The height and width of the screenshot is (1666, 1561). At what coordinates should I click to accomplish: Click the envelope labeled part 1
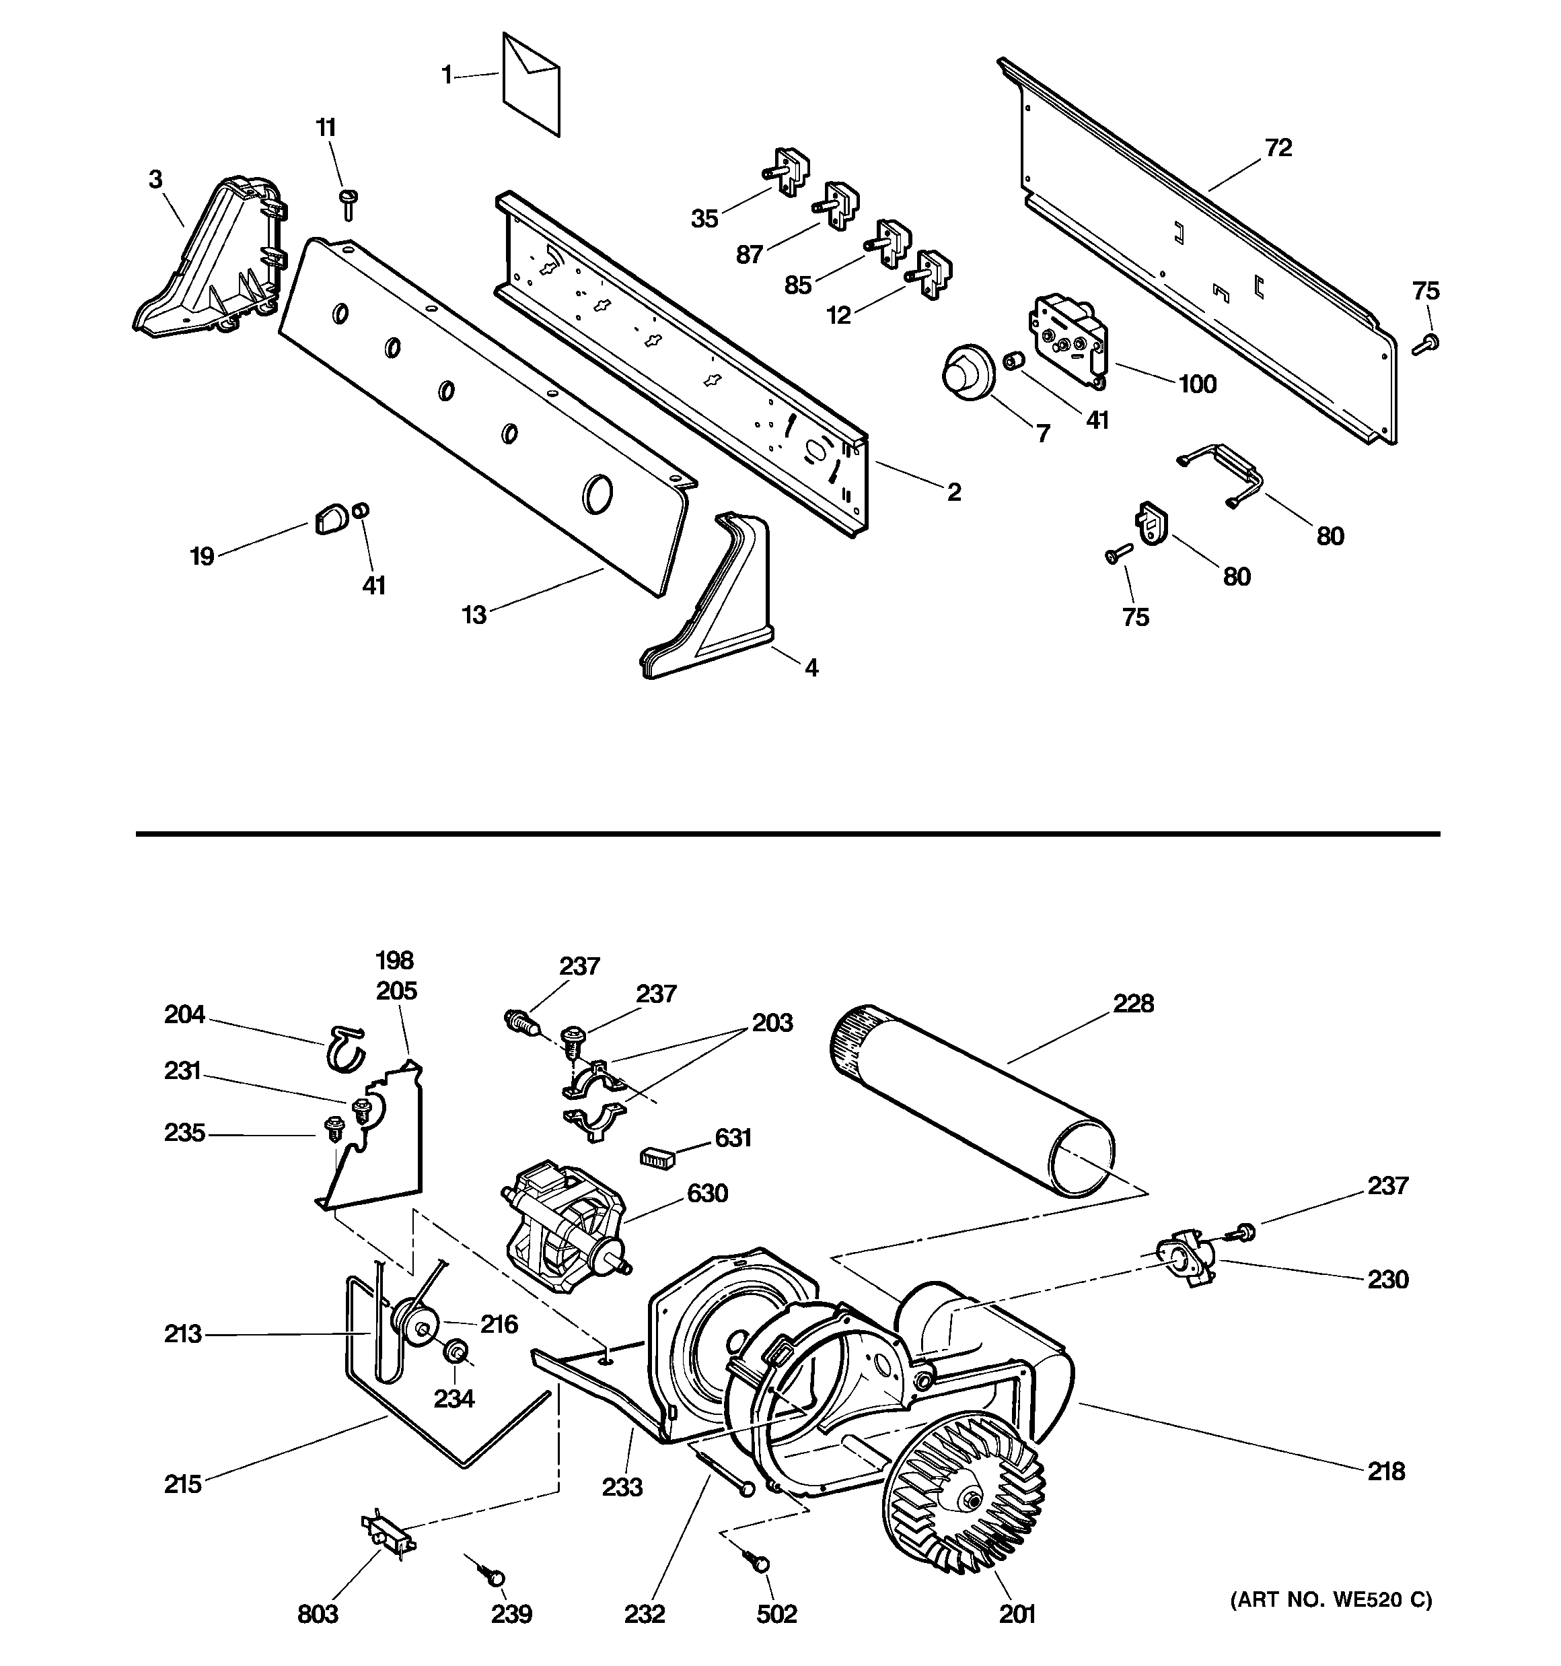click(x=532, y=83)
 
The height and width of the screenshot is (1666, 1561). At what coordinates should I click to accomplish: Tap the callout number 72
click(x=1278, y=148)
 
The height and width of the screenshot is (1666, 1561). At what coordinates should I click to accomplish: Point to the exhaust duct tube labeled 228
click(x=972, y=1098)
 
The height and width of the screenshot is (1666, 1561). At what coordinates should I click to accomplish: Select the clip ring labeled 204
click(x=344, y=1047)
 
